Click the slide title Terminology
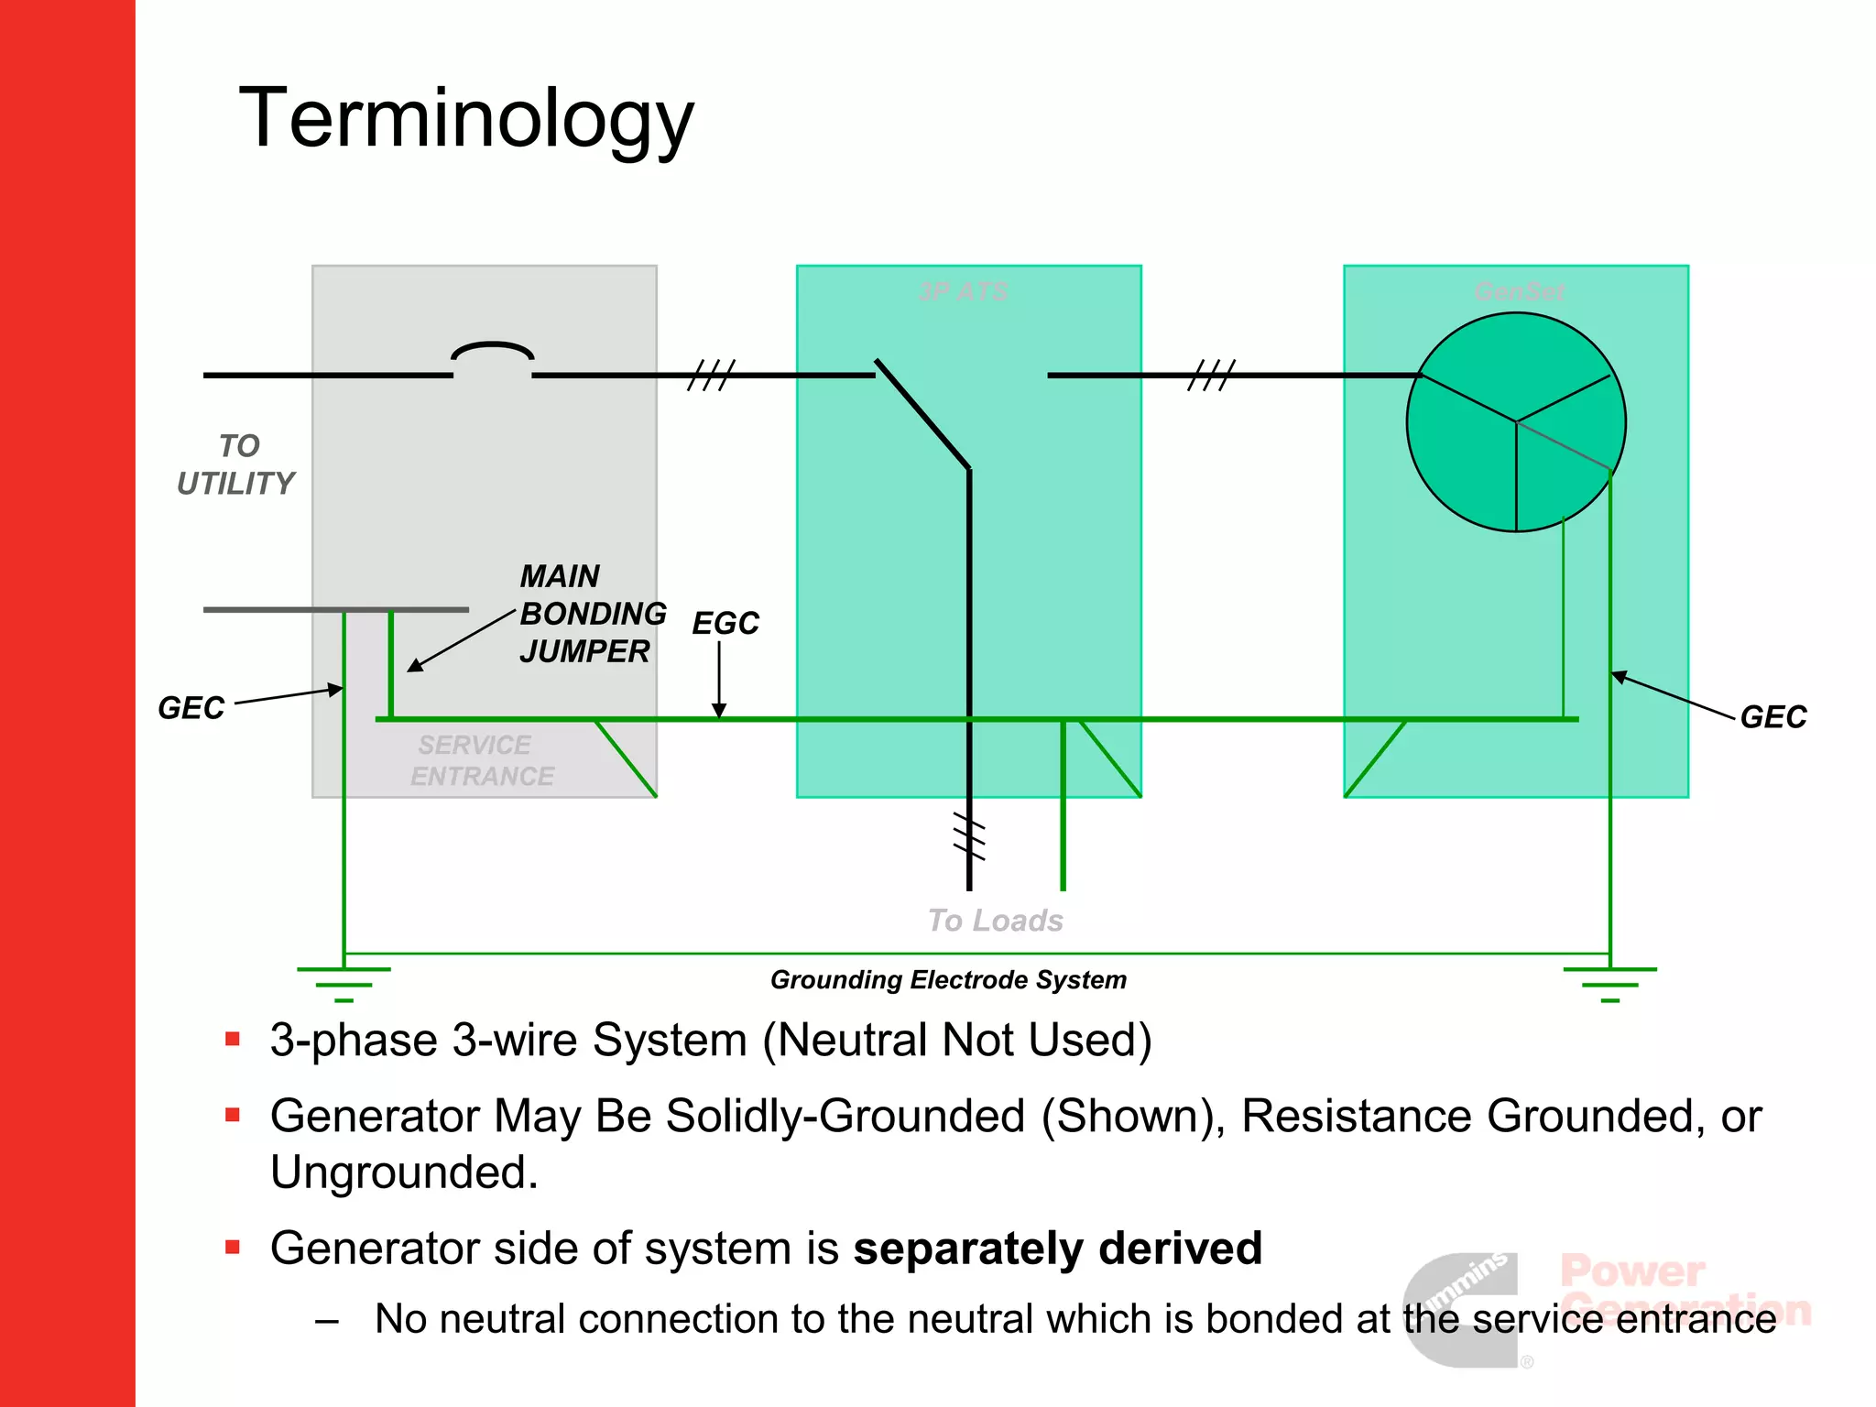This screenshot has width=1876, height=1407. pos(466,119)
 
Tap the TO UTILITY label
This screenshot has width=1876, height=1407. pos(236,465)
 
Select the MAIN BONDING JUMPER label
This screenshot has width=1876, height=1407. pos(591,614)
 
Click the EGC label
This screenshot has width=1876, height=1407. pos(725,624)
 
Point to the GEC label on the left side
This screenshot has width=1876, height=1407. pos(191,708)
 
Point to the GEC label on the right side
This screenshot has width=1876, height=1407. pos(1772,717)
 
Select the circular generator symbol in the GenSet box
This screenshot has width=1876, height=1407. pos(1516,422)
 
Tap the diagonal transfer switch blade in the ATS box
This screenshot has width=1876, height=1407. pos(922,414)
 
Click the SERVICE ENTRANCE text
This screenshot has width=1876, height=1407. pos(481,761)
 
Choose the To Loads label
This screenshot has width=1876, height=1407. pos(995,921)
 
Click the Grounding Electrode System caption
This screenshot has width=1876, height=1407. pos(948,980)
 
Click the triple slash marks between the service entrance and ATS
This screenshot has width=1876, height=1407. pos(711,375)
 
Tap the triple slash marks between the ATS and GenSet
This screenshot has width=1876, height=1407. pos(1211,375)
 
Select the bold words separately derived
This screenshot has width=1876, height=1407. pos(1057,1249)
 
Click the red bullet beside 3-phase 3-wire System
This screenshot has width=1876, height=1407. pos(233,1039)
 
